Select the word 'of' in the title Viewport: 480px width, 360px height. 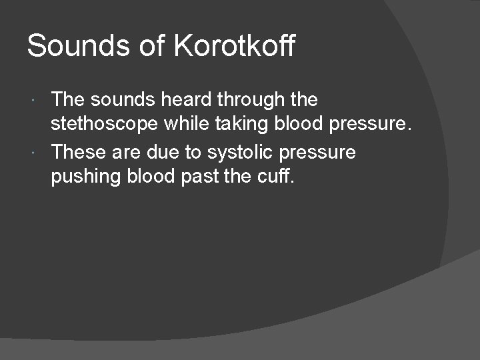(150, 47)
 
